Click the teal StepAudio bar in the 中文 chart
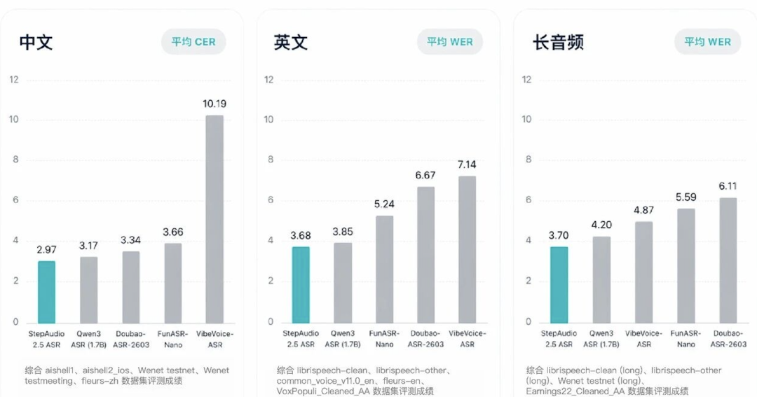point(46,291)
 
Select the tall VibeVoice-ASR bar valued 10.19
point(214,218)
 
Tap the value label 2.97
point(46,249)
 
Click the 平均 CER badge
point(193,41)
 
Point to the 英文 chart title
point(291,42)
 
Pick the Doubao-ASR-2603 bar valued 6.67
point(426,254)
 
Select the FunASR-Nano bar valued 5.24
point(384,269)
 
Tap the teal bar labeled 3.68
point(300,284)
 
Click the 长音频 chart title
point(558,42)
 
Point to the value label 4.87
point(644,210)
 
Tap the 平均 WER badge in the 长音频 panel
point(707,41)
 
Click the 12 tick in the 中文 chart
point(14,79)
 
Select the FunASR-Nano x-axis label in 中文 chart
point(172,339)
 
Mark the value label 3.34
point(130,240)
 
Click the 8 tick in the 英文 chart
point(268,160)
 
